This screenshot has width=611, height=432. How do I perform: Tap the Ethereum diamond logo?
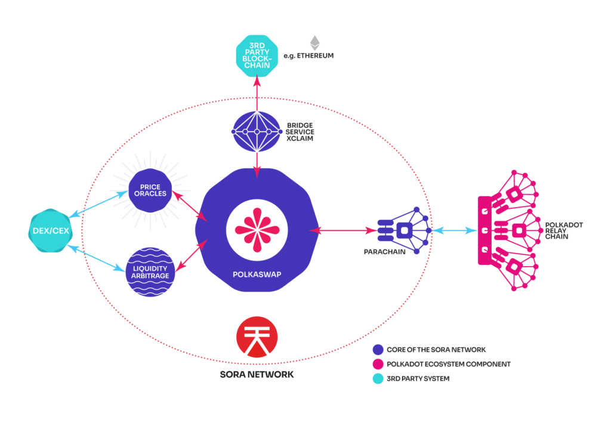pyautogui.click(x=314, y=43)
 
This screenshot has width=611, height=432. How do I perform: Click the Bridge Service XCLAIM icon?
pyautogui.click(x=257, y=131)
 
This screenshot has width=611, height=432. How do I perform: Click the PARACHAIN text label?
pyautogui.click(x=385, y=252)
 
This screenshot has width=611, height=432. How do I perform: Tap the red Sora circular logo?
pyautogui.click(x=257, y=337)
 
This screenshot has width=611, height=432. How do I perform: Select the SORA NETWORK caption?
pyautogui.click(x=257, y=375)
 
